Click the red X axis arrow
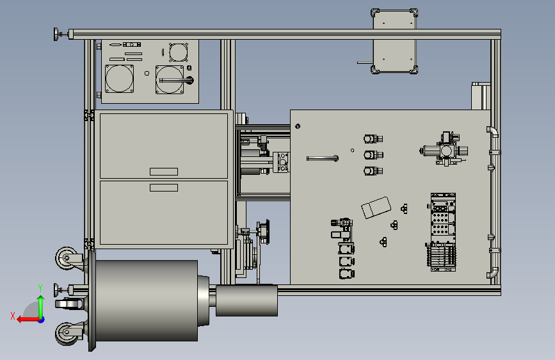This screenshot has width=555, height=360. tap(29, 320)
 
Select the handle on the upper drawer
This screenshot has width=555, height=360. tap(163, 172)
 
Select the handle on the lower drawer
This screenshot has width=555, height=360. tap(163, 188)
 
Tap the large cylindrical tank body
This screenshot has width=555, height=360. tap(146, 300)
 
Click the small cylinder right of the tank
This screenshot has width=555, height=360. tap(246, 300)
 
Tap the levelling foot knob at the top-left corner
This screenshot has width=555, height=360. tap(56, 35)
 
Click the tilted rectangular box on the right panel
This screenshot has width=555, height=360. tap(376, 208)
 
